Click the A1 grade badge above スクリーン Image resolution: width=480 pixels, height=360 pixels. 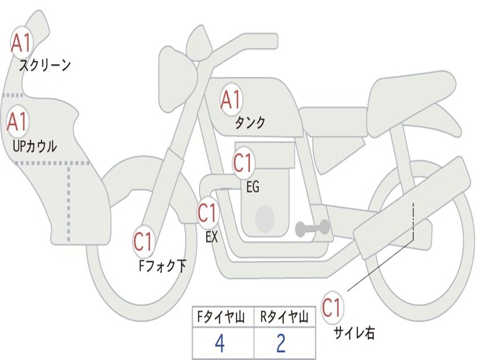click(x=22, y=43)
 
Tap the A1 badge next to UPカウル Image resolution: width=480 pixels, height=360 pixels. click(x=18, y=122)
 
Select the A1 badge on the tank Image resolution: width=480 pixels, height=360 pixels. click(x=231, y=99)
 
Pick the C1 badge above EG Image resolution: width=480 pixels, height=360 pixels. click(x=243, y=163)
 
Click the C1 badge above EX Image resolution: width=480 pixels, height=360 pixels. click(x=208, y=213)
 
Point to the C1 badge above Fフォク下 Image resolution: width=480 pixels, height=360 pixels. click(x=143, y=242)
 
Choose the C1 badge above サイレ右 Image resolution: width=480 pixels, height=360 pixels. click(x=332, y=308)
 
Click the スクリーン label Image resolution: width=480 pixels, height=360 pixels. click(x=45, y=65)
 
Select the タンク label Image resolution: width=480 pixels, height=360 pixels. click(x=250, y=122)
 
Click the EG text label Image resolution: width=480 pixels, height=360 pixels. click(x=253, y=187)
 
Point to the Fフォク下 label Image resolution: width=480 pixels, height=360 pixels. click(x=162, y=266)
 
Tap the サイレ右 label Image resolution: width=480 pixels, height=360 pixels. click(x=354, y=333)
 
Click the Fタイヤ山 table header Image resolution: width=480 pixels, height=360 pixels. click(x=219, y=318)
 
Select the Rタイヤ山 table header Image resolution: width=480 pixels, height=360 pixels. click(x=284, y=318)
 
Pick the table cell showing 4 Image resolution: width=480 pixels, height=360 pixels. click(x=219, y=344)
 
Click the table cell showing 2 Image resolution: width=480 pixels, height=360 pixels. click(x=281, y=344)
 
